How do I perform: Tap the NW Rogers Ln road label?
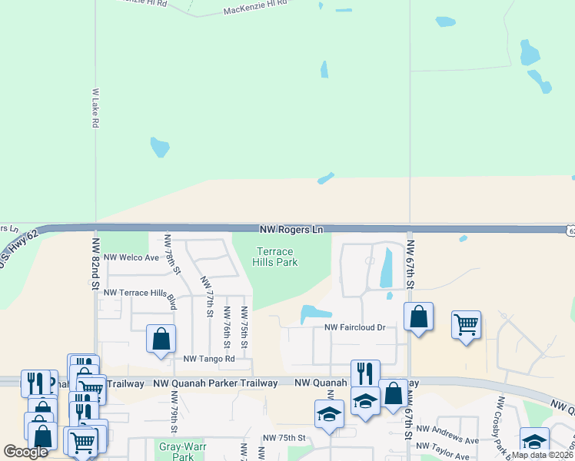[291, 230]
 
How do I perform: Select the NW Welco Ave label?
[131, 257]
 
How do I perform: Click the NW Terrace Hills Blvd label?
[140, 293]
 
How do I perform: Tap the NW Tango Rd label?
[208, 359]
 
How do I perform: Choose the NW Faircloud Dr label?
[354, 327]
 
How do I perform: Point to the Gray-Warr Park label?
[178, 451]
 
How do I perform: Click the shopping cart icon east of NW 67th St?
[466, 325]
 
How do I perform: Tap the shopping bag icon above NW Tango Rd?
[161, 338]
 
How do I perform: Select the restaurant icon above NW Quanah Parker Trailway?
[365, 373]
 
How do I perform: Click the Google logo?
[26, 452]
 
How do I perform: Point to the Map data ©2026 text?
[541, 455]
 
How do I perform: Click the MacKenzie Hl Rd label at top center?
[254, 8]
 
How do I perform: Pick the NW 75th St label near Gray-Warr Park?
[284, 438]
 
